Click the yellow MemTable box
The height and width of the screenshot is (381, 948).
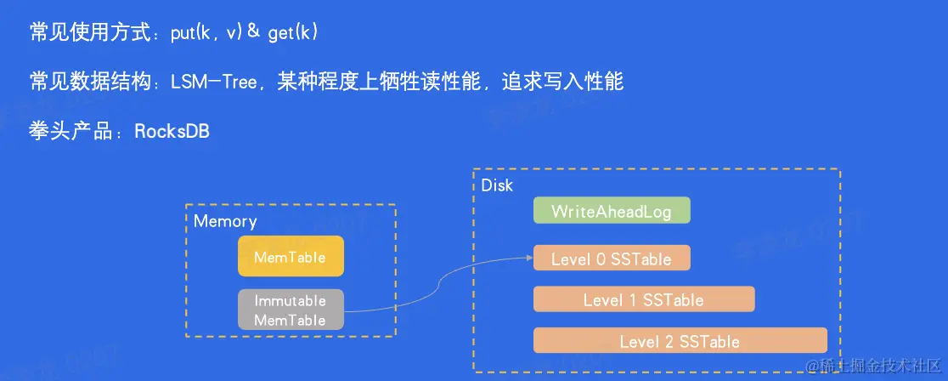(291, 256)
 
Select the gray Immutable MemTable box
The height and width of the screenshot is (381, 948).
(291, 310)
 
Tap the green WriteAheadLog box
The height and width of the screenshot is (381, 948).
(612, 211)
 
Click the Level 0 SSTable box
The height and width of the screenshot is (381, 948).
(612, 259)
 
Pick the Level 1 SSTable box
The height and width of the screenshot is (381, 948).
(643, 299)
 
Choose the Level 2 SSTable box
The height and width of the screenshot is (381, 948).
(680, 341)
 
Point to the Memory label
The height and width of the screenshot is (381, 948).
(225, 221)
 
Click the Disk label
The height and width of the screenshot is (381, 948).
(497, 185)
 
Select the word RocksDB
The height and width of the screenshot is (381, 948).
(172, 132)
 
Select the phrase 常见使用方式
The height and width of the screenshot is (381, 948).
(85, 32)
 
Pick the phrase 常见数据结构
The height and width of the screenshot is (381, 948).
(85, 82)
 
